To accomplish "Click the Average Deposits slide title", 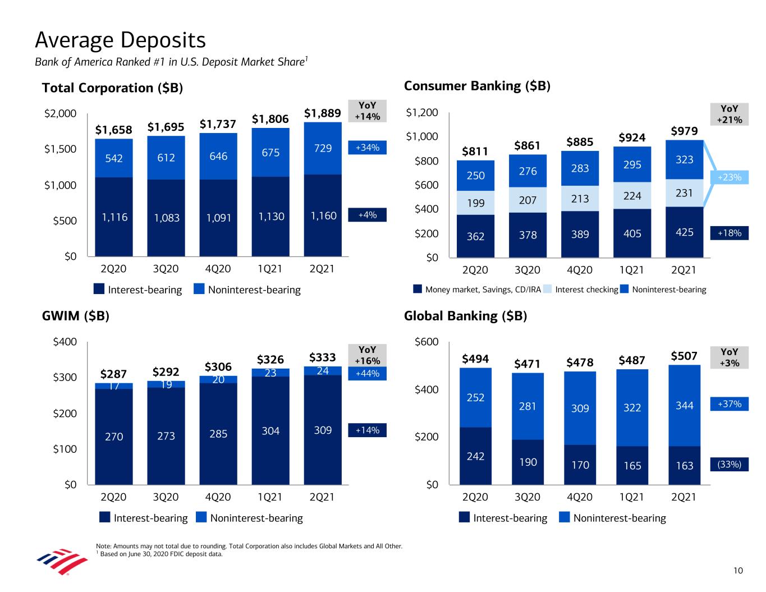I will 120,40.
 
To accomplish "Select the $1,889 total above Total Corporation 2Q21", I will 322,113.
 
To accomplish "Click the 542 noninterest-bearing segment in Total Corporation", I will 114,158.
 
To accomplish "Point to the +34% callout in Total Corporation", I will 367,148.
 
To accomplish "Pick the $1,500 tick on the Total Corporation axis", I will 60,149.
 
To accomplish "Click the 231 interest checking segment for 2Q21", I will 684,192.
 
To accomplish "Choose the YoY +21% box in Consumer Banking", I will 730,114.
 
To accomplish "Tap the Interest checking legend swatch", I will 549,290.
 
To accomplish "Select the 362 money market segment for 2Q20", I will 475,236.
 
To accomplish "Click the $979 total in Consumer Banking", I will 684,131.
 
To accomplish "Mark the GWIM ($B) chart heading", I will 75,316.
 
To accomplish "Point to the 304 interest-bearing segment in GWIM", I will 270,431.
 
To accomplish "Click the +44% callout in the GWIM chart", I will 367,374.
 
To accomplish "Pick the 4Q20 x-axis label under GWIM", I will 218,497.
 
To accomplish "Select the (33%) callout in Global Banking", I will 730,465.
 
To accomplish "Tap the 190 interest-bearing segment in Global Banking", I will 528,462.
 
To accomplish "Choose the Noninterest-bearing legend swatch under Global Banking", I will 565,518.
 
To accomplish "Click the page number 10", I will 738,571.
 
